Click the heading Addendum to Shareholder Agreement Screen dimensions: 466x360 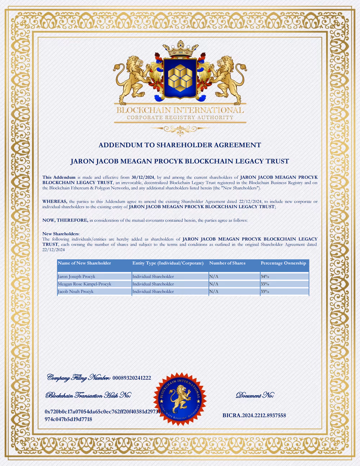pos(180,145)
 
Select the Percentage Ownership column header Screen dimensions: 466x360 pos(283,263)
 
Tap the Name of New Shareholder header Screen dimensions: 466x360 pos(84,263)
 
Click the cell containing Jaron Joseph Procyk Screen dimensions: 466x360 pos(77,277)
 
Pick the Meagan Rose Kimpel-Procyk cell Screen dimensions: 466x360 pos(85,284)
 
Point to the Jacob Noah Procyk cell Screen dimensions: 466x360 pos(76,292)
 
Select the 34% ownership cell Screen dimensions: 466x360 pos(265,277)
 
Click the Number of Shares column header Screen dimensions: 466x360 pos(227,263)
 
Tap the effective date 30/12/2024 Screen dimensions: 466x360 pos(143,177)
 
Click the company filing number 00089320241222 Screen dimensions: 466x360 pos(131,378)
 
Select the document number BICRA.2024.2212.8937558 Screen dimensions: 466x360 pos(254,415)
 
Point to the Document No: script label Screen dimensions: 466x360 pos(255,395)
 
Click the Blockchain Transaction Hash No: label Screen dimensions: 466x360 pos(88,395)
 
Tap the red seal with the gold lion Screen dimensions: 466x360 pos(180,399)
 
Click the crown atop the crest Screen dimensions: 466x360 pos(180,49)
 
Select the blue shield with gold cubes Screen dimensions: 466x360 pos(180,78)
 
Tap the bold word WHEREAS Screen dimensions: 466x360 pos(55,202)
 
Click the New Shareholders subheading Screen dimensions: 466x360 pos(60,234)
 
